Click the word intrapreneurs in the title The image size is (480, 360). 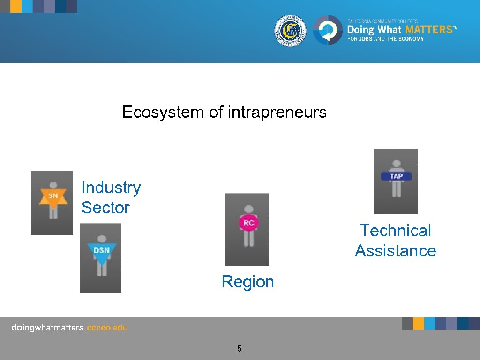[x=277, y=112]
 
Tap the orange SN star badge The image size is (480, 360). [x=53, y=196]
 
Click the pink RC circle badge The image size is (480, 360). [x=248, y=223]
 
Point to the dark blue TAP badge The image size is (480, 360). [x=396, y=176]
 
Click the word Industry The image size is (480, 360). [x=111, y=187]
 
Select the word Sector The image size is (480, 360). [x=105, y=208]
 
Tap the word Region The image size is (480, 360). [x=247, y=282]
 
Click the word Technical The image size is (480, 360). [x=395, y=231]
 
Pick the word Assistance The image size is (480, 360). [x=395, y=251]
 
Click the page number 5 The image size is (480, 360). [x=239, y=348]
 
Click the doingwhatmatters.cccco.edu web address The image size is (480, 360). [x=69, y=328]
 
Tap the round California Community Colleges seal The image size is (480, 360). [x=290, y=30]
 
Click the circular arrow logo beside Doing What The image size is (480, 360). [x=328, y=30]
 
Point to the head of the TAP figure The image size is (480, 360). [x=397, y=165]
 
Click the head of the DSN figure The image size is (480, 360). [x=101, y=239]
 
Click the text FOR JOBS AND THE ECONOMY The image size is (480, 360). [x=385, y=39]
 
